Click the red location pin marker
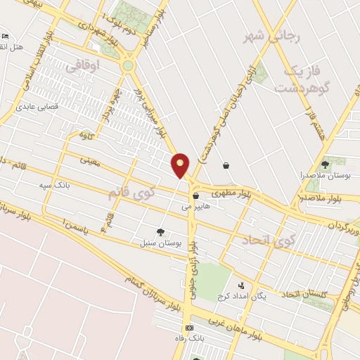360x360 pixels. pyautogui.click(x=181, y=164)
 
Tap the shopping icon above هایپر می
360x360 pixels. pyautogui.click(x=195, y=196)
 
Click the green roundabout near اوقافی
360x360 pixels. pyautogui.click(x=127, y=66)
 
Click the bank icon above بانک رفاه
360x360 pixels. pyautogui.click(x=188, y=328)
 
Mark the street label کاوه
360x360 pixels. pyautogui.click(x=86, y=133)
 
